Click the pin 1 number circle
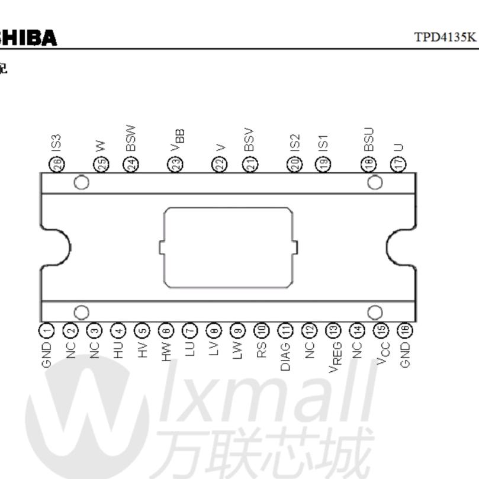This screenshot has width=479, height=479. (47, 330)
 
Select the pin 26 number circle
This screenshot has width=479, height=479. (57, 165)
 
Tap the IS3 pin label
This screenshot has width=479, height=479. (57, 142)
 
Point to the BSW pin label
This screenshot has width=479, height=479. (131, 139)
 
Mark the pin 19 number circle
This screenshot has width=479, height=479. (323, 165)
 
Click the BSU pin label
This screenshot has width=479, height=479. (369, 139)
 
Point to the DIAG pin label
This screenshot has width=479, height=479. (285, 355)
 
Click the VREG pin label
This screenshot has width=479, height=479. (333, 358)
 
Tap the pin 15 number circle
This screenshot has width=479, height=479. (382, 330)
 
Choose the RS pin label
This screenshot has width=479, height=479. (261, 349)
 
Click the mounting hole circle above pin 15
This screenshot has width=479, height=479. (375, 311)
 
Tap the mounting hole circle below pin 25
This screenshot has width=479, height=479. (82, 182)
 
